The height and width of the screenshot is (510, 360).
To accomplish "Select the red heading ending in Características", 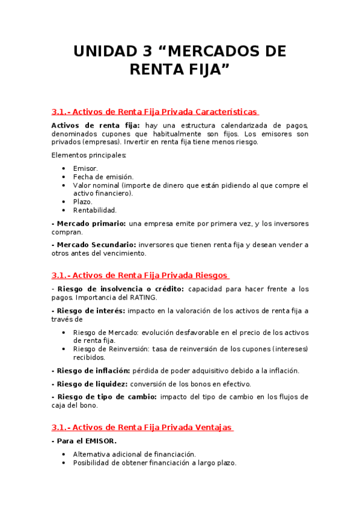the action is [155, 112].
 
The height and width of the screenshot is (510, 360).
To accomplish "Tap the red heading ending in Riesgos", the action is [140, 275].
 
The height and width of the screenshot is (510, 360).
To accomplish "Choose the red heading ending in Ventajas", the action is [142, 428].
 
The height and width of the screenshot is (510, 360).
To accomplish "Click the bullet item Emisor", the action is [85, 168].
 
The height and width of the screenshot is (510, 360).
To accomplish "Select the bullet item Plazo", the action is [83, 202].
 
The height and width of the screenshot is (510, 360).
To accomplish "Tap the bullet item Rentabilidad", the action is [95, 210].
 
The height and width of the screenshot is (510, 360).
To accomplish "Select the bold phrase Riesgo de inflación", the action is [90, 370].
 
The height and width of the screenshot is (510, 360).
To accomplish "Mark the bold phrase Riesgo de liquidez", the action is [90, 384].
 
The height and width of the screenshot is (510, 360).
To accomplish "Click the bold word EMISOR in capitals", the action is [102, 441].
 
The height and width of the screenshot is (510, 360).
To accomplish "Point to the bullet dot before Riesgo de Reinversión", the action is [64, 349].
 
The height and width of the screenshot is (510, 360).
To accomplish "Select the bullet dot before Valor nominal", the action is [64, 185].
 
